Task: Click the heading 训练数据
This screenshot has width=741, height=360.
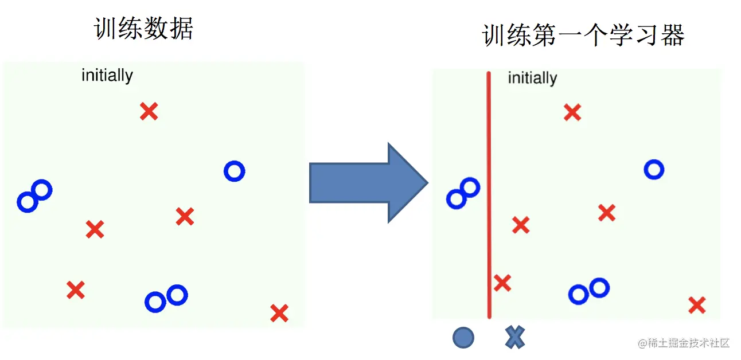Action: point(143,28)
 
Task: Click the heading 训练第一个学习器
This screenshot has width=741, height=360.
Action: point(583,36)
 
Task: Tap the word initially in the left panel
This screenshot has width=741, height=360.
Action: point(107,75)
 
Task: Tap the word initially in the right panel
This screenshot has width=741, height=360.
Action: point(532,78)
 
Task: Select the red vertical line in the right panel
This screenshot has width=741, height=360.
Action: point(489,195)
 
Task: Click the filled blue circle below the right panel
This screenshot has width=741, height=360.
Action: point(463,338)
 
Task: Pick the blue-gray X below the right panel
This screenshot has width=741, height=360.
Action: point(515,337)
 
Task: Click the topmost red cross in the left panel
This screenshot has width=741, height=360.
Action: point(149,111)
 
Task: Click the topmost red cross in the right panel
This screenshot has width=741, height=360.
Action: point(572,112)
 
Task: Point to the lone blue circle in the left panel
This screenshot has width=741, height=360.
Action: point(234,171)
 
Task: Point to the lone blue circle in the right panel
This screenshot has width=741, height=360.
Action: point(654,169)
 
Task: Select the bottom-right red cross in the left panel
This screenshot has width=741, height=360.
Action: point(279,313)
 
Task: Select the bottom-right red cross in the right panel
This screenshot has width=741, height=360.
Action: point(697,305)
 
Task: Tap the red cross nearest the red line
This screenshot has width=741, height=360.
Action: point(502,283)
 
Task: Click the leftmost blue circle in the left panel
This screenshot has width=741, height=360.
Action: point(27,202)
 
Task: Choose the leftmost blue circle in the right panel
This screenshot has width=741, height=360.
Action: point(456,199)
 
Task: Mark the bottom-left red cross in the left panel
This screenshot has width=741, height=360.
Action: point(76,290)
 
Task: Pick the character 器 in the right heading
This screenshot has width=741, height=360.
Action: point(673,36)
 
